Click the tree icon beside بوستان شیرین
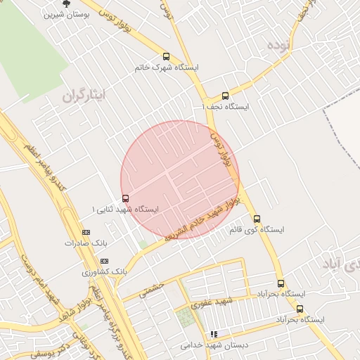pos(67,3)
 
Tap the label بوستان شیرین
pos(66,14)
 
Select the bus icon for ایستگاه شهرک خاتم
pos(166,57)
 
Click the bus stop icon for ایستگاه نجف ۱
pos(225,96)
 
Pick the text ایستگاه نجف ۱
pos(226,107)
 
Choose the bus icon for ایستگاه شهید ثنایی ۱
pos(125,198)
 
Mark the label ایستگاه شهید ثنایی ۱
pos(126,210)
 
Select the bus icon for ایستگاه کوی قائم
pos(257,219)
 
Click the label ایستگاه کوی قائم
pos(257,230)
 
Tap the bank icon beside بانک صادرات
pos(86,232)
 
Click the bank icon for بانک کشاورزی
pos(105,261)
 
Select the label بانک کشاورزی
pos(104,271)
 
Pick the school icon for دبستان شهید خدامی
pos(214,334)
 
